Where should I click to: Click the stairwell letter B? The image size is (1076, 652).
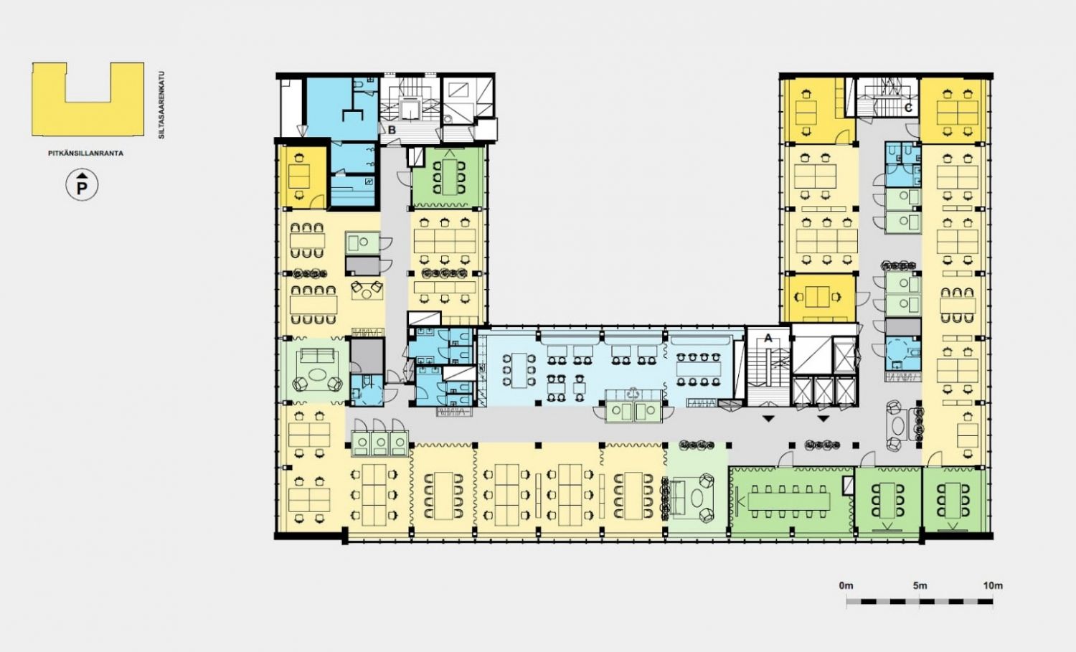coord(392,131)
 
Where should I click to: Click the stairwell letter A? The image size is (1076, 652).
coord(768,339)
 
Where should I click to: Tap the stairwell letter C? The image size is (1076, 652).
coord(908,108)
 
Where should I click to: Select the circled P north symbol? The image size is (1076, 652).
coord(82,185)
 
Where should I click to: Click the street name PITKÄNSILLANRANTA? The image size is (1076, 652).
coord(85,153)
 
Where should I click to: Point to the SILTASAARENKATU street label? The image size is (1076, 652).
coord(161,105)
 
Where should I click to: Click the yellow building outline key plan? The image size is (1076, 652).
coord(88,99)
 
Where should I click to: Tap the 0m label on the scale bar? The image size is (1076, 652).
coord(846,586)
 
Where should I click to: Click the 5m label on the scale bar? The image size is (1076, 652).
coord(920,586)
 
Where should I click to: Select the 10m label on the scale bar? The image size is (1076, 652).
coord(992,586)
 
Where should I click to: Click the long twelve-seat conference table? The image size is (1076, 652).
coord(789,501)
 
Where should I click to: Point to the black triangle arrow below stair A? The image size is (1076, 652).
coord(768,419)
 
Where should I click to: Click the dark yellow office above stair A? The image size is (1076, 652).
coord(819,298)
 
